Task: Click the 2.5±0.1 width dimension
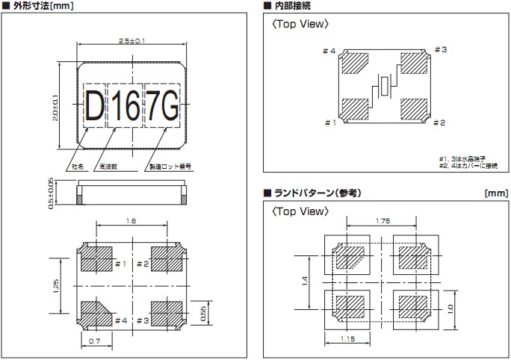point(131,40)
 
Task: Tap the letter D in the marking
point(94,110)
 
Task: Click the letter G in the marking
point(170,110)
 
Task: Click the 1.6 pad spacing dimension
point(131,221)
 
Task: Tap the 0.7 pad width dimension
point(95,341)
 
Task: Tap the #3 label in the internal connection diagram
point(440,50)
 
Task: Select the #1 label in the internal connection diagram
point(329,122)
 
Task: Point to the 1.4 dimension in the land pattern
point(306,281)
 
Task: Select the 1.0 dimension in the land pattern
point(450,308)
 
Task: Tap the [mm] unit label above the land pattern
point(495,193)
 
